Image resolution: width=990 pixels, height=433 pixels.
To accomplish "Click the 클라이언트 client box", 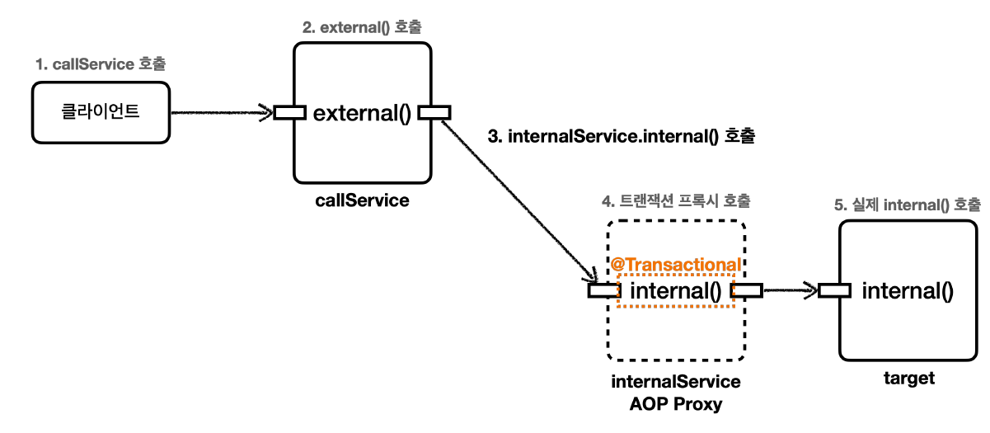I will point(101,111).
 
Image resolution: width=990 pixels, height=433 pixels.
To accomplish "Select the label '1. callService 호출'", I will point(106,64).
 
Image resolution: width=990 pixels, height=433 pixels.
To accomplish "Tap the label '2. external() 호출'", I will point(363,27).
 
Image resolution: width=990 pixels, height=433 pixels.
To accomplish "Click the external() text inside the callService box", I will point(362,113).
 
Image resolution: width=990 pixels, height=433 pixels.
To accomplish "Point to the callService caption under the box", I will point(362,200).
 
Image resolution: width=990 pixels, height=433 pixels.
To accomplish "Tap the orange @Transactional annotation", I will point(675,264).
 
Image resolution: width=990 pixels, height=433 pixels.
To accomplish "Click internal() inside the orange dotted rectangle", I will point(675,290).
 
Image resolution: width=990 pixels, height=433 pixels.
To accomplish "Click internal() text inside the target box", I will point(907,290).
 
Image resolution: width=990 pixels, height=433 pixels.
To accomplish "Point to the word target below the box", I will point(908,379).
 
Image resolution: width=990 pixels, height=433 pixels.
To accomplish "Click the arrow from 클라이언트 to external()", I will point(223,112).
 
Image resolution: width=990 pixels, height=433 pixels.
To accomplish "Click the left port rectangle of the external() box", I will point(289,112).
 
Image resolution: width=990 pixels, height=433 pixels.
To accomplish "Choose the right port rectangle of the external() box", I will point(434,112).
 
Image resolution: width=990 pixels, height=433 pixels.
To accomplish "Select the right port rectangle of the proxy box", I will point(747,289).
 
